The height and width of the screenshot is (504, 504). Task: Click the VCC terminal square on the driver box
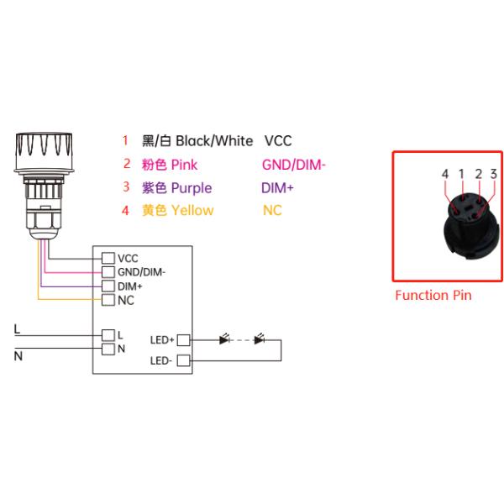tap(108, 258)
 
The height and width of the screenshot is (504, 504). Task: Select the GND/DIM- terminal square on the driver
tap(108, 272)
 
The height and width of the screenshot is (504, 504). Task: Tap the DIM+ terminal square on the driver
tap(108, 286)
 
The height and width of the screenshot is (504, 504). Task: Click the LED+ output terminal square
tap(184, 340)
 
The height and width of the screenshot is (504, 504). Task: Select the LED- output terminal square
tap(184, 361)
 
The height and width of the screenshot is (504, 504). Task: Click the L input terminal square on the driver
tap(108, 333)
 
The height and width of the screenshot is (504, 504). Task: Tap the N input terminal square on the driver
tap(108, 347)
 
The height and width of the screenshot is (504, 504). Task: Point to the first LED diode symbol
tap(224, 340)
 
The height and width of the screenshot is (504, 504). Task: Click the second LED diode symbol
tap(260, 340)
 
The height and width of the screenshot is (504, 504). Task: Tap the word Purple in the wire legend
tap(192, 187)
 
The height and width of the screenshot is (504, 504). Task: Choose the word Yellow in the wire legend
tap(192, 210)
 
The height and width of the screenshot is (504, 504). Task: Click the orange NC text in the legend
tap(272, 210)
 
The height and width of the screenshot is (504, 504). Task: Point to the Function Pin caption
tap(433, 295)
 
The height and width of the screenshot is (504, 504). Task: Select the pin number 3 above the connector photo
tap(493, 174)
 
